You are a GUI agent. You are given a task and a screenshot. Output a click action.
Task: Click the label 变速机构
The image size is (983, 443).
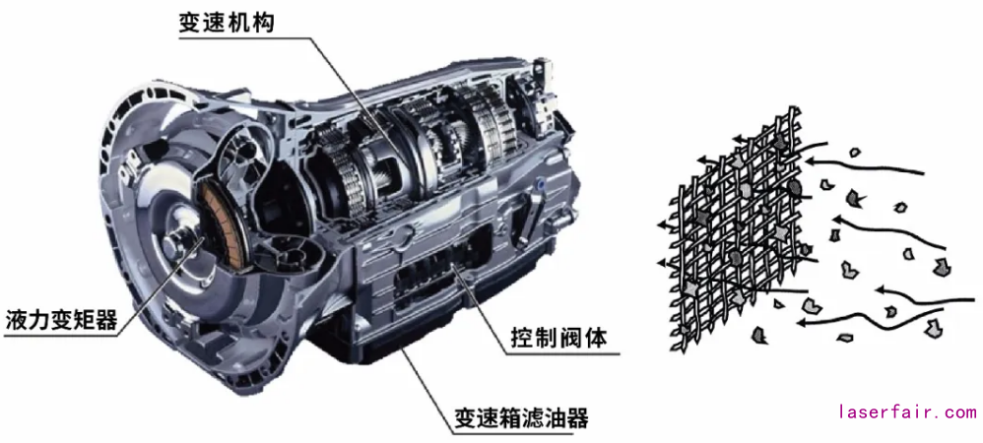[227, 23]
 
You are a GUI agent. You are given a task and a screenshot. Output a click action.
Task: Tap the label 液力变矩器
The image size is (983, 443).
[61, 321]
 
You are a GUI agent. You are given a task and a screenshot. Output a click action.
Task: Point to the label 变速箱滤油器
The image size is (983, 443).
[522, 417]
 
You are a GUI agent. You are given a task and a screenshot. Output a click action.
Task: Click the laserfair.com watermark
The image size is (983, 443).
[908, 412]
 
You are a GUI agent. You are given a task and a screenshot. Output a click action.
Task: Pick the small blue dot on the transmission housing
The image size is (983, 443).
[541, 183]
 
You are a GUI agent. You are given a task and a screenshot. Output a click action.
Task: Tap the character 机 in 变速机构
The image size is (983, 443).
[238, 23]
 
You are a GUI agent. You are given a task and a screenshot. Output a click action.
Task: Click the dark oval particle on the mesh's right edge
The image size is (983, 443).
[794, 187]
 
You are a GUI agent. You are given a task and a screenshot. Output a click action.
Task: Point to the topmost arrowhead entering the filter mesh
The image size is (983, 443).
[809, 161]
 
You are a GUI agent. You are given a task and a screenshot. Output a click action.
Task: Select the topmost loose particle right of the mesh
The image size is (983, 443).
[854, 152]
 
